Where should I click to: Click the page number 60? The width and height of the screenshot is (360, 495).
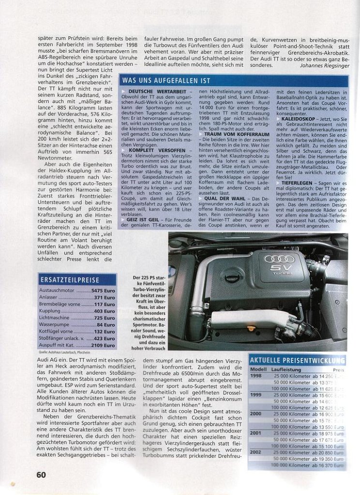(x=41, y=474)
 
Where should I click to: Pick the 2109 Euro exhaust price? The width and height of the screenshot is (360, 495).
(x=103, y=346)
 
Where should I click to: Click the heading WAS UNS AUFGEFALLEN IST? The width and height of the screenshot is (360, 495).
(x=166, y=81)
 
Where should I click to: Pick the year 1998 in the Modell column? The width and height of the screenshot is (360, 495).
(x=256, y=375)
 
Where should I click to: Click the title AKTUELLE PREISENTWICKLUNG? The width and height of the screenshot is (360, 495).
(x=297, y=360)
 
